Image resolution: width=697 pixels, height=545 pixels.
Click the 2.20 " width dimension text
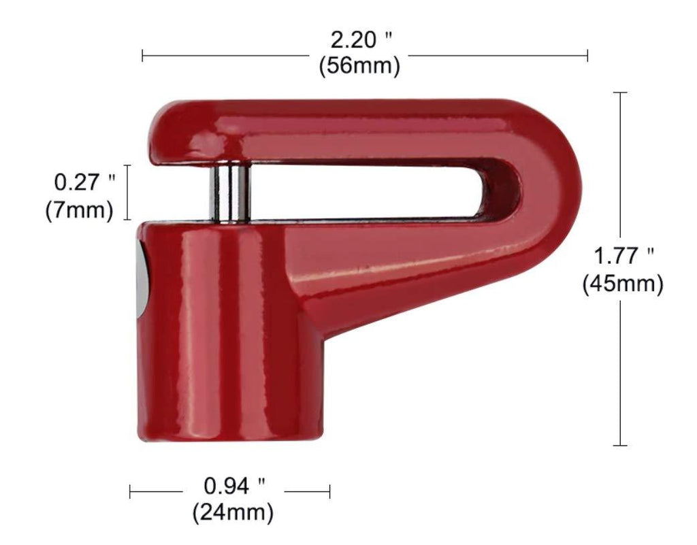coord(359,41)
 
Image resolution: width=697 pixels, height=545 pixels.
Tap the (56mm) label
coord(359,66)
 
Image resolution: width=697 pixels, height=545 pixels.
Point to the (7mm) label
coord(80,210)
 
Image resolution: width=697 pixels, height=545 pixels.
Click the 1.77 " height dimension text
coord(623,257)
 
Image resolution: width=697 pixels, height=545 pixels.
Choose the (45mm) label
coord(622,284)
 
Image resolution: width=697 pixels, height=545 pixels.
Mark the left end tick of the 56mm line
coord(142,55)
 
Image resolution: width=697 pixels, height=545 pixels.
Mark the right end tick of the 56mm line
coord(587,55)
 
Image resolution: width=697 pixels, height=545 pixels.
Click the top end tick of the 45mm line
coord(620,93)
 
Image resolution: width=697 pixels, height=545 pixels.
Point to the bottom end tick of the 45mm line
coord(620,446)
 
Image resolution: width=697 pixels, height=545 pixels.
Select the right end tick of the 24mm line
coord(329,491)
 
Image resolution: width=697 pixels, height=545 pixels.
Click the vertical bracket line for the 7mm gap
coord(127,192)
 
